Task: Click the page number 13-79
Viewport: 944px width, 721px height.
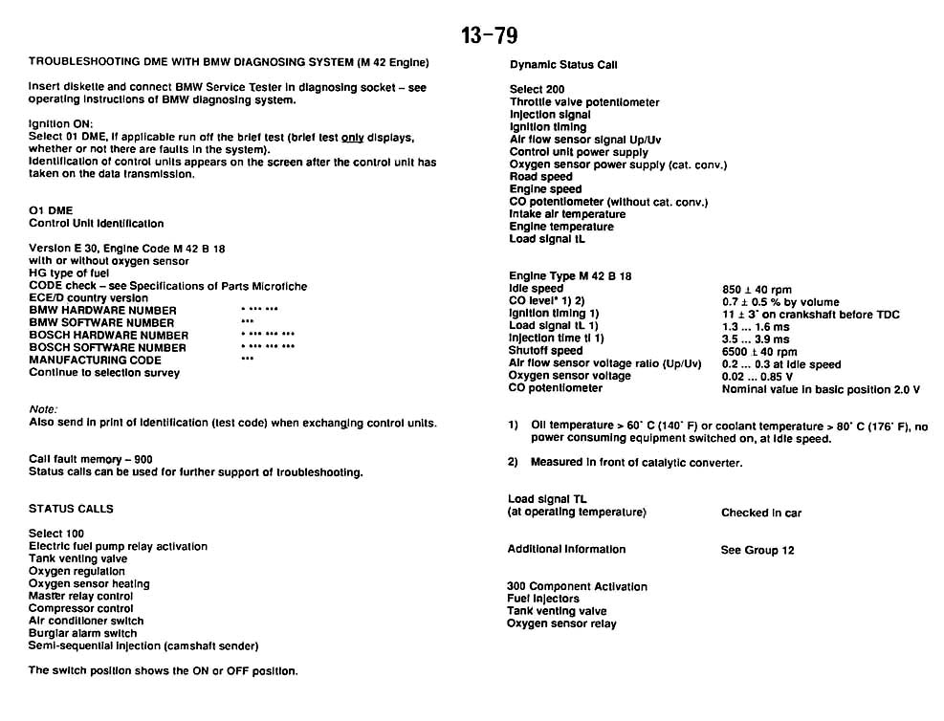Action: click(489, 35)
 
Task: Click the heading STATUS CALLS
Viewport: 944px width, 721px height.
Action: click(71, 509)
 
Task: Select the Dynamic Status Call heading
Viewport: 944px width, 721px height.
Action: click(563, 65)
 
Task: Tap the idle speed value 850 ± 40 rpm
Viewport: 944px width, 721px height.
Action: click(757, 289)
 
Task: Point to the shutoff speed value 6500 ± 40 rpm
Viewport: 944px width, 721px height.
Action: click(759, 351)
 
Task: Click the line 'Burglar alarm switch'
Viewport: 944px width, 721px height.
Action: click(82, 633)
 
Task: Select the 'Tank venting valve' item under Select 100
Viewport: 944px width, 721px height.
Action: click(77, 558)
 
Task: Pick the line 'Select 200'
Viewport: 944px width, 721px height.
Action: click(537, 90)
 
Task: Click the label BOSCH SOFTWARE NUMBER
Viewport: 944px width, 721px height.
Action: click(108, 348)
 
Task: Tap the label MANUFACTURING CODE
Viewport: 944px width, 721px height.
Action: click(95, 360)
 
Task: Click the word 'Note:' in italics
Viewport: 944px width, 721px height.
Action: click(43, 409)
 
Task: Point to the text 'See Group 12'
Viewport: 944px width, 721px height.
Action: click(757, 550)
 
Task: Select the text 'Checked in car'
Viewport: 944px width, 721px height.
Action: click(761, 513)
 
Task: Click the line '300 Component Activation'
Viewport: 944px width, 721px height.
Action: click(577, 586)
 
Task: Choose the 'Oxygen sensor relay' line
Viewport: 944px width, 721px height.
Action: click(561, 623)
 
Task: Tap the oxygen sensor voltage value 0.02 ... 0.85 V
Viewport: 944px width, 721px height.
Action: click(762, 376)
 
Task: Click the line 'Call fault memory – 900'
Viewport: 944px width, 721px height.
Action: click(90, 459)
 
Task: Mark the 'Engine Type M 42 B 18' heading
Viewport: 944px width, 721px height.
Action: click(570, 276)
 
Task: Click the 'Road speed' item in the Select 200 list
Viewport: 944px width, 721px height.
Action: click(541, 177)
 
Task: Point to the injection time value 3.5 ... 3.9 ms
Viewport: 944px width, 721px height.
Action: click(756, 339)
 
